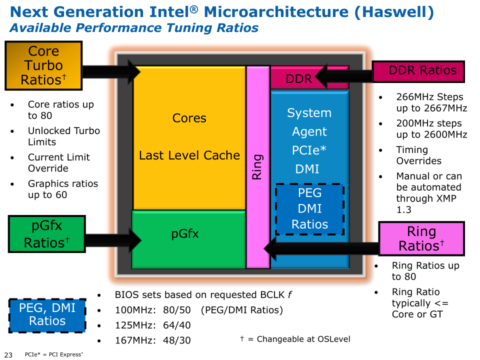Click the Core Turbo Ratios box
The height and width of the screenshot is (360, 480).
[x=43, y=65]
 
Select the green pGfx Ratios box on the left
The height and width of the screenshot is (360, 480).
[x=47, y=234]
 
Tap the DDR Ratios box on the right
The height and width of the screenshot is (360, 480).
[x=418, y=71]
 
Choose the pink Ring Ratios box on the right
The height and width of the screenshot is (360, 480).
[x=421, y=238]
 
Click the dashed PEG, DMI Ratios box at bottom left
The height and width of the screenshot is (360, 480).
[x=47, y=315]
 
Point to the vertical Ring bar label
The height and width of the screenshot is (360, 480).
[x=257, y=166]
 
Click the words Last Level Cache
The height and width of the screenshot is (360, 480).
[x=189, y=155]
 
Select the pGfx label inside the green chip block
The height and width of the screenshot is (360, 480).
[x=185, y=234]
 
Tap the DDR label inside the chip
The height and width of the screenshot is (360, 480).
[x=299, y=79]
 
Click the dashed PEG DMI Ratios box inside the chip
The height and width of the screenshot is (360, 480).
[x=310, y=209]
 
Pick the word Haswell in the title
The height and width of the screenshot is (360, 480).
[x=394, y=12]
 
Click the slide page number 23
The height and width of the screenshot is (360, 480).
[x=8, y=354]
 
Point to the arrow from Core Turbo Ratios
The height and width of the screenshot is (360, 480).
[x=111, y=72]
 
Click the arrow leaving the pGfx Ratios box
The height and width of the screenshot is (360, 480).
[x=113, y=240]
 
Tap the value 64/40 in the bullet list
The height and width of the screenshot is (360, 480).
[x=176, y=325]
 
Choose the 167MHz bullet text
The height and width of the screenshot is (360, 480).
[x=153, y=340]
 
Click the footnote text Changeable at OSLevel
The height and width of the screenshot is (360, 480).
[x=303, y=339]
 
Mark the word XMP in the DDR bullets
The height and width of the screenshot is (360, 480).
[x=446, y=198]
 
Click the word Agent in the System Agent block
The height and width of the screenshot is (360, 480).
[x=309, y=132]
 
